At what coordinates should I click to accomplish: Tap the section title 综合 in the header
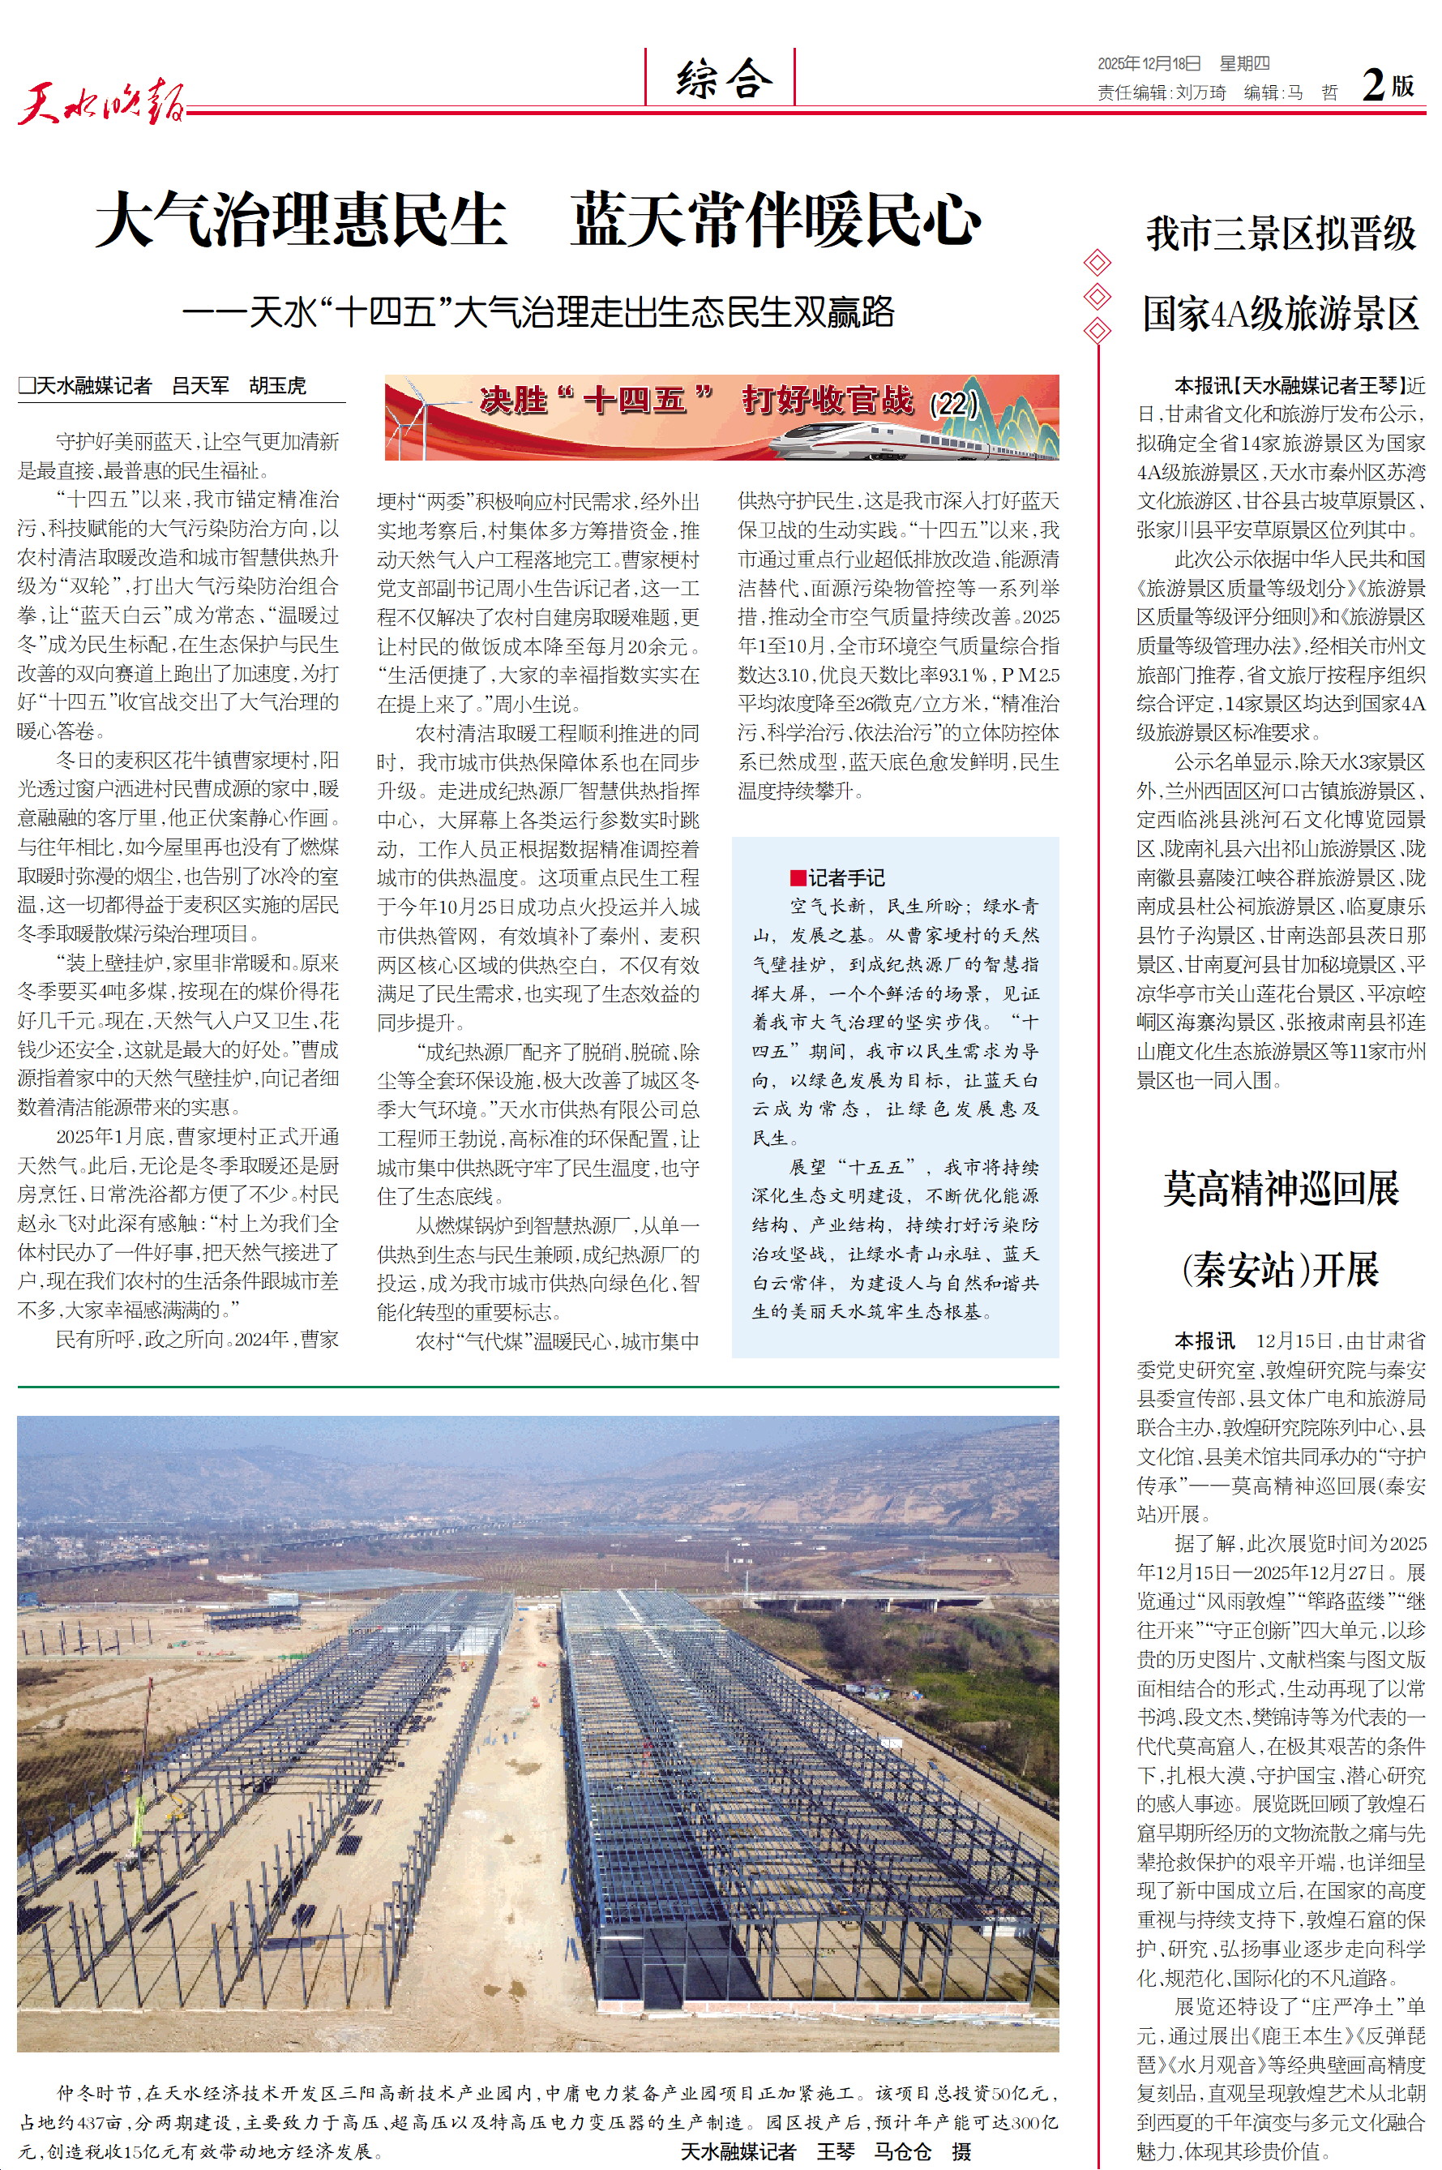coord(723,78)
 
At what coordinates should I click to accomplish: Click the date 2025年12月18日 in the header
coord(1149,63)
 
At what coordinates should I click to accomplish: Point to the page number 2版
coord(1387,85)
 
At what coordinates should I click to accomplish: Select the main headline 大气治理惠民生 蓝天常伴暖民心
coord(538,220)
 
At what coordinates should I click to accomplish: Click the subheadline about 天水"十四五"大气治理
coord(538,313)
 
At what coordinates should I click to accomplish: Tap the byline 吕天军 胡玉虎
coord(238,386)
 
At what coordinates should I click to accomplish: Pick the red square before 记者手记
coord(798,877)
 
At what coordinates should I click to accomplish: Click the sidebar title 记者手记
coord(846,877)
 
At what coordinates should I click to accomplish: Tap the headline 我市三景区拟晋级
coord(1280,234)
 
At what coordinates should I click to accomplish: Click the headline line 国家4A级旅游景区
coord(1280,314)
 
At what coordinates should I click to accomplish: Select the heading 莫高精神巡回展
coord(1280,1190)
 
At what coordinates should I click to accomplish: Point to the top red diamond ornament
coord(1098,263)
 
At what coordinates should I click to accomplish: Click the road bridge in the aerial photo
coord(828,1599)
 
